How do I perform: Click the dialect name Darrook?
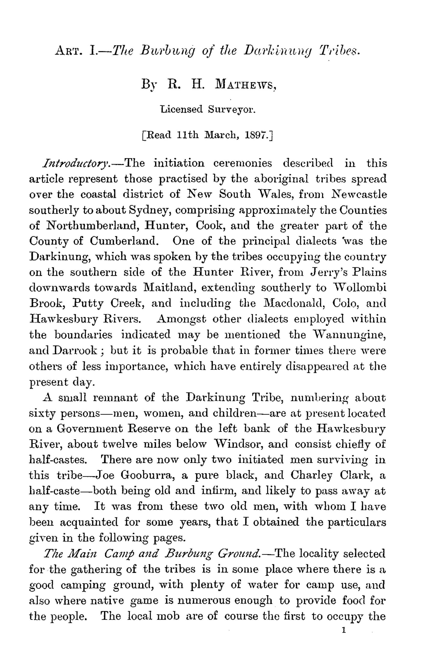(x=75, y=350)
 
